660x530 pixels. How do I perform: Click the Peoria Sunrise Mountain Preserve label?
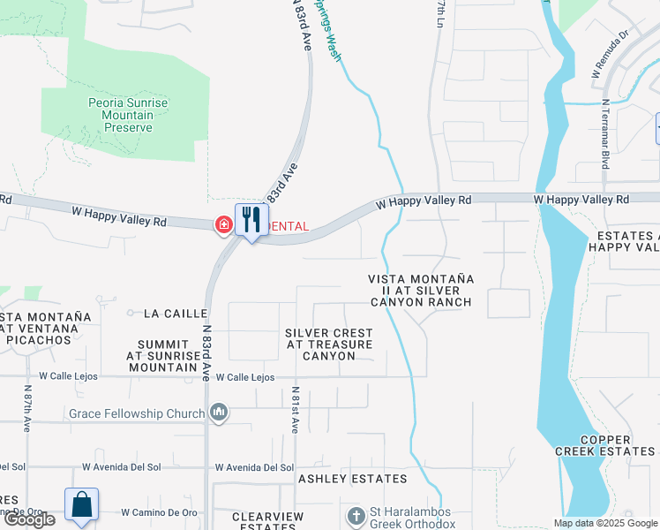tap(128, 116)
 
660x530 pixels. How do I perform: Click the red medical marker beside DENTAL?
tap(224, 226)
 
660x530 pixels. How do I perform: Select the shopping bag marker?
tap(81, 505)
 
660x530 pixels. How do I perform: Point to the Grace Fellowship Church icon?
tap(219, 413)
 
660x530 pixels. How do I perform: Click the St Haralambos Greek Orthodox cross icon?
tap(356, 515)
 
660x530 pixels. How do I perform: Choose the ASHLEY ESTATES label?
tap(352, 479)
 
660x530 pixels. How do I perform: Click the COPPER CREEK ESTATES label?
tap(617, 445)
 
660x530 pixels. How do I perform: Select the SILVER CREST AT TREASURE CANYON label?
tap(328, 344)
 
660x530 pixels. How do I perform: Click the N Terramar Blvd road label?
tap(607, 133)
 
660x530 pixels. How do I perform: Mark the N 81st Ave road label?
tap(296, 410)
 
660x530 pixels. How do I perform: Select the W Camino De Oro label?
tap(159, 512)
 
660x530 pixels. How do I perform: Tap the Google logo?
tap(29, 519)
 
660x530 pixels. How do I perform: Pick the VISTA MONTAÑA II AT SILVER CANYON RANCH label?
tap(421, 291)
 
